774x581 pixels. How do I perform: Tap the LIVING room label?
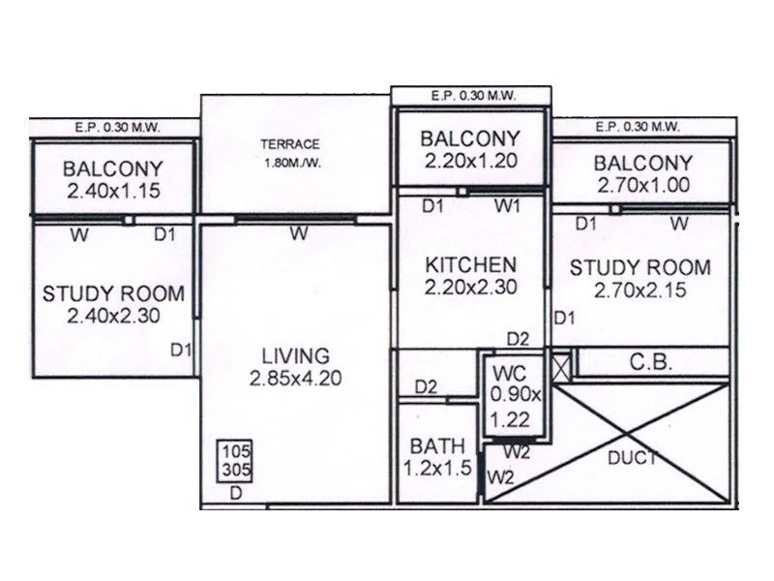(296, 355)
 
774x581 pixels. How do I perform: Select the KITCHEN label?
(469, 263)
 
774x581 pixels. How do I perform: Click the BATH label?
(436, 446)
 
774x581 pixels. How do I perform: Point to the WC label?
(509, 373)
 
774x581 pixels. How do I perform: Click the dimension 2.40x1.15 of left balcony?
(113, 191)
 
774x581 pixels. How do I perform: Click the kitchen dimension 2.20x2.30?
(469, 287)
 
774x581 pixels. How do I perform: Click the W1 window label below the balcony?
(507, 205)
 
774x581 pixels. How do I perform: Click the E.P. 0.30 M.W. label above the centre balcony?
(471, 95)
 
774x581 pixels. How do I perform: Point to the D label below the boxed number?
(235, 493)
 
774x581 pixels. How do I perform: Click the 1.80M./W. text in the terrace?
(290, 162)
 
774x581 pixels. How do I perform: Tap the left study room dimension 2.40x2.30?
(113, 316)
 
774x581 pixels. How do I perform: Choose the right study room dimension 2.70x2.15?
(640, 290)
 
